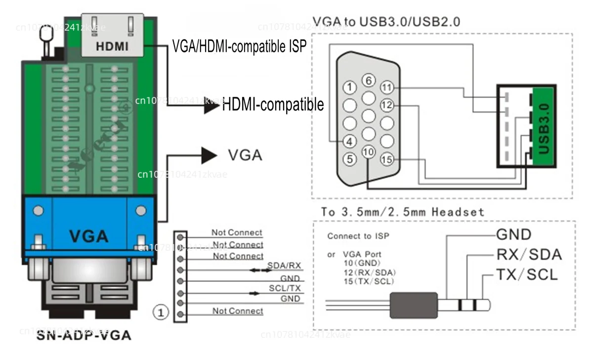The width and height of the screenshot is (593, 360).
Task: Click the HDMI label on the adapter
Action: pos(112,46)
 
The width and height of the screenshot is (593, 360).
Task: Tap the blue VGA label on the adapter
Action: pos(89,236)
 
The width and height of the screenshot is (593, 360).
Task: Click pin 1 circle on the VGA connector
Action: pos(350,88)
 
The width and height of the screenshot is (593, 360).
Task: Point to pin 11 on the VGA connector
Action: pos(387,88)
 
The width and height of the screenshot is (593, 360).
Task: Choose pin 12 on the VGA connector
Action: pos(387,105)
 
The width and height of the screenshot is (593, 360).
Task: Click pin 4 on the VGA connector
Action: pos(350,141)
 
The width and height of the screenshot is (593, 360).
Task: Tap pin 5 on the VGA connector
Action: pos(350,159)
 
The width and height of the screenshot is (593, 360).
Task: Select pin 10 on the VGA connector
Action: pos(368,153)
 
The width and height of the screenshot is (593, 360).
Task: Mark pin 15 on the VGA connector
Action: pos(387,159)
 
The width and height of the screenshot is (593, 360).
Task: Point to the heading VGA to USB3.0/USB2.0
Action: pos(386,22)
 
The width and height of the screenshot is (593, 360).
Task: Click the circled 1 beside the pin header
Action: pos(161,312)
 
